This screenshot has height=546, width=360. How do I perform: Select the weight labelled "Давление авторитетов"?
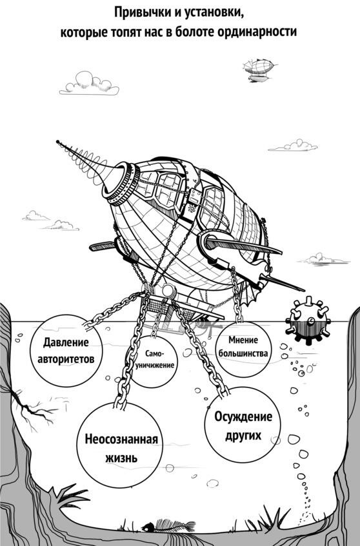[66, 350]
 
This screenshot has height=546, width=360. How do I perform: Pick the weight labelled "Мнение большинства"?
[244, 349]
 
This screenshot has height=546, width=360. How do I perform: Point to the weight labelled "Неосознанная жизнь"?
[120, 447]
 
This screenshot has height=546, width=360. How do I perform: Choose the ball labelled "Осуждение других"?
[243, 426]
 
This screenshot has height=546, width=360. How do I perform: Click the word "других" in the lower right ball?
[243, 435]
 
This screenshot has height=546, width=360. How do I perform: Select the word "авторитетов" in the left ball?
[66, 358]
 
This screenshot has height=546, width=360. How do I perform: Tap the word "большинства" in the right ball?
[244, 353]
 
